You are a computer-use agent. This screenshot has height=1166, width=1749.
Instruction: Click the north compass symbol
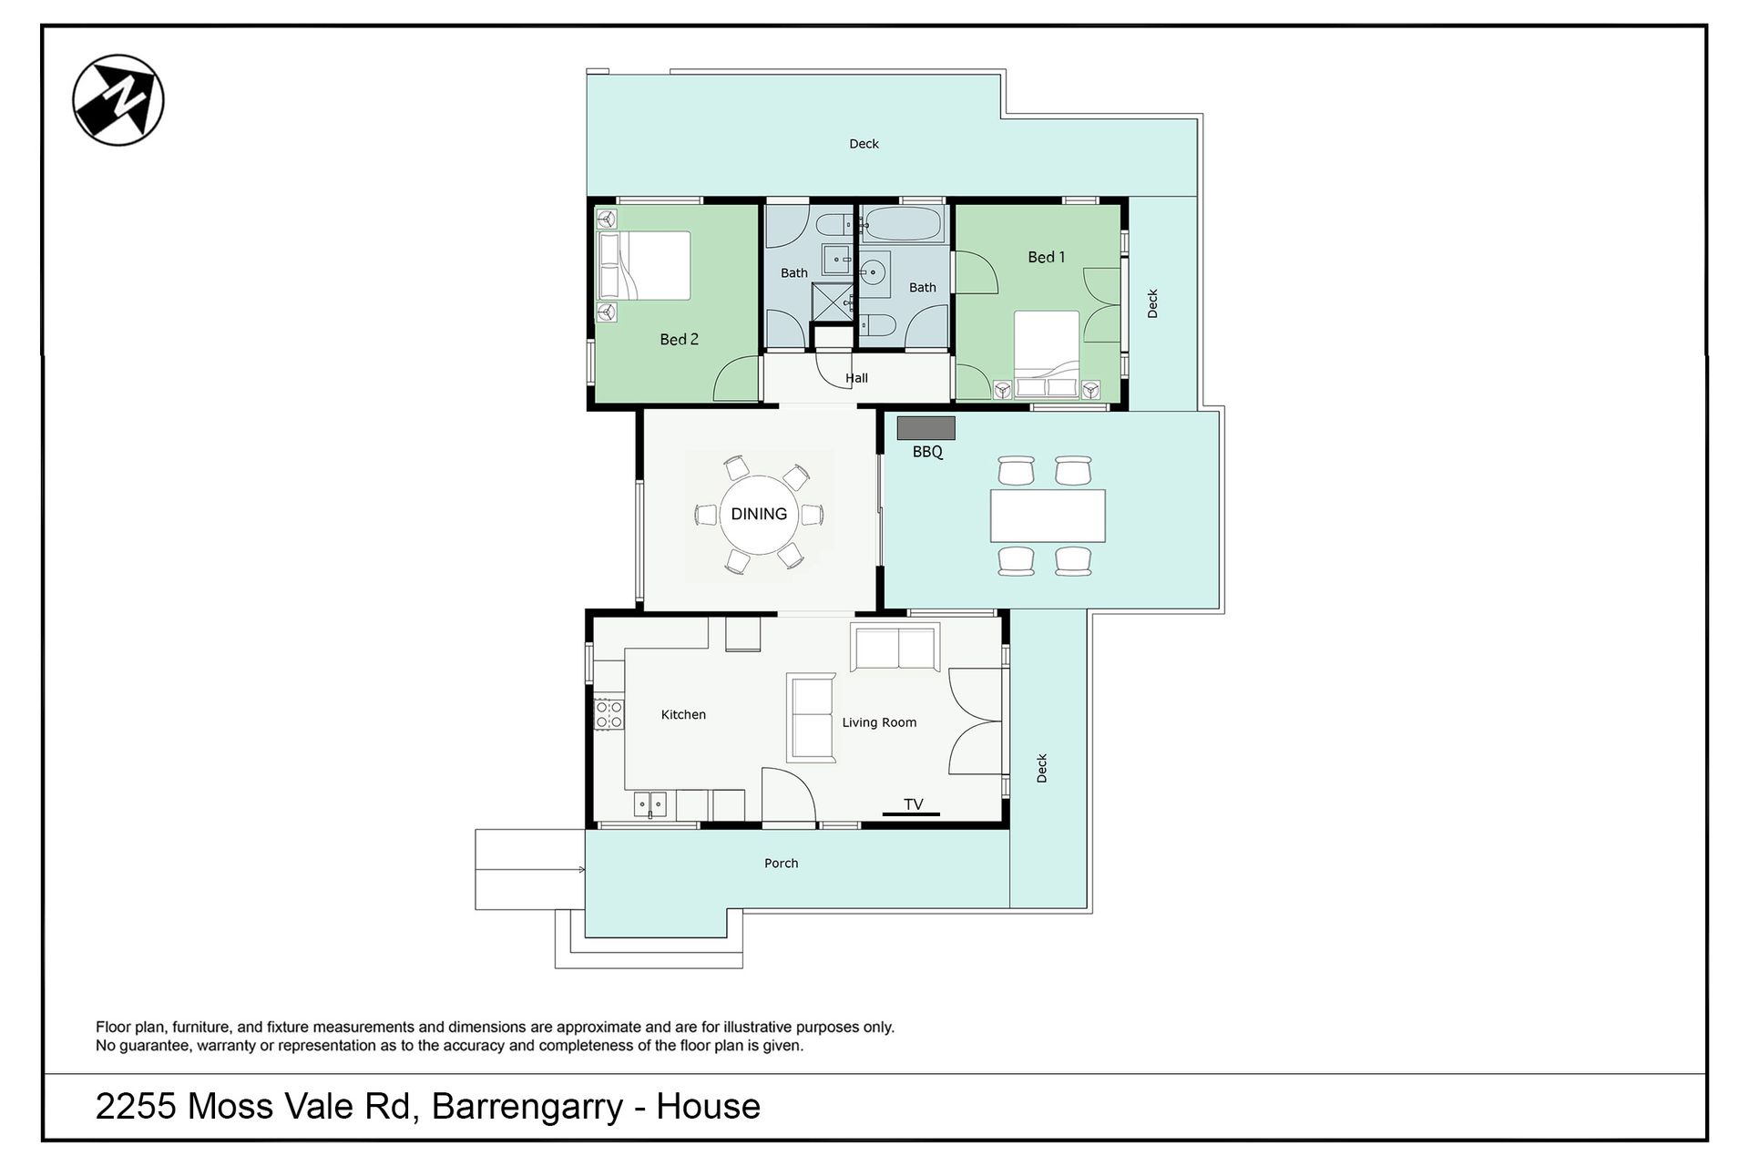point(118,100)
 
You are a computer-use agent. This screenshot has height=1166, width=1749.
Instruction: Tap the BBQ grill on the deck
point(926,428)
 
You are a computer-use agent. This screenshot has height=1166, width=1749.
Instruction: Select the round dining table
point(759,514)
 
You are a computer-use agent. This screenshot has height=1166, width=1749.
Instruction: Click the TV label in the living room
point(913,803)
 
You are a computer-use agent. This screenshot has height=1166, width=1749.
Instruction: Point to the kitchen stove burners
point(609,714)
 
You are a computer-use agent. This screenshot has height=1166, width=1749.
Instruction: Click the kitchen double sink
point(650,804)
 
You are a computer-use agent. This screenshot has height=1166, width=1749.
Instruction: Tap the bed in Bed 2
point(644,265)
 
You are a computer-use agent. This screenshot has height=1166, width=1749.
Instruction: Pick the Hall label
point(856,378)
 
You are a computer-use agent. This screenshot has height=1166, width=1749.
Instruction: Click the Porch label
point(781,863)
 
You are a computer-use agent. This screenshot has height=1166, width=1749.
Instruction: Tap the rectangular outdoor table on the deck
point(1048,516)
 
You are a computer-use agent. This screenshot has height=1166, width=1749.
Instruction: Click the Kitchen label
point(683,714)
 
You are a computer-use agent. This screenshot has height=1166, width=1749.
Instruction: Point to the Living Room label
point(879,722)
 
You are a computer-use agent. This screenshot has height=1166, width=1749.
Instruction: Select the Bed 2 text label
point(679,339)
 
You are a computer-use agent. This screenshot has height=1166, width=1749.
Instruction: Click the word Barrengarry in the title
point(527,1108)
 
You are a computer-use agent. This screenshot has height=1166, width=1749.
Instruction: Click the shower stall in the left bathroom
point(832,302)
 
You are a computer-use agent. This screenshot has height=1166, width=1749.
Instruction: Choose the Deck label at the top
point(864,143)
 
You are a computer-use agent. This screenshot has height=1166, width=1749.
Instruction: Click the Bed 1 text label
point(1046,257)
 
